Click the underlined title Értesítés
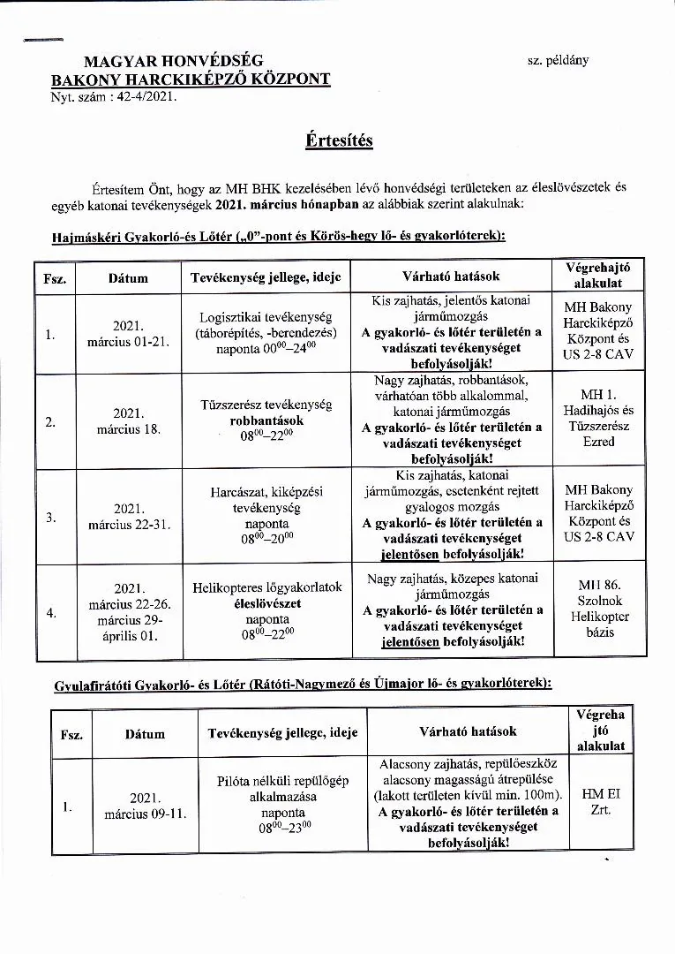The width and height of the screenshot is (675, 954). click(339, 140)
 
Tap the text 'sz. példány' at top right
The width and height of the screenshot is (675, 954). click(557, 60)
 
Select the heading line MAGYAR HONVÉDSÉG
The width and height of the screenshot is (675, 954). click(173, 61)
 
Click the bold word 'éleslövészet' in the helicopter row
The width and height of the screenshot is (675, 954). click(266, 603)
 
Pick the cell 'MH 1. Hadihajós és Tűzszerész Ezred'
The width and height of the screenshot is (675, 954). click(598, 418)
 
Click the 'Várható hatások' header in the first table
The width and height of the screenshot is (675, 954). click(452, 276)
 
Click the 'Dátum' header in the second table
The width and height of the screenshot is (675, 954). click(145, 733)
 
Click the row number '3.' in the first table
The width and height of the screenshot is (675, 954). click(50, 517)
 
